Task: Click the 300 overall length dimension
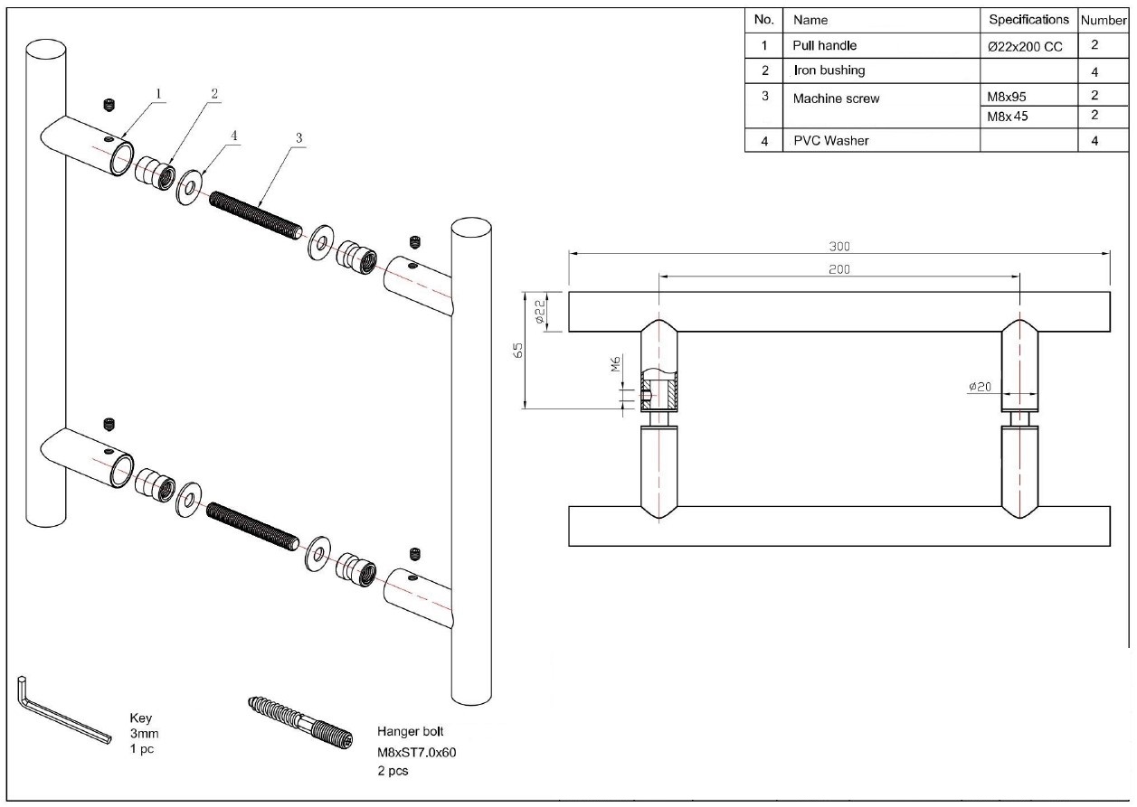[x=839, y=246]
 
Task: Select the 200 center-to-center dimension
[x=839, y=268]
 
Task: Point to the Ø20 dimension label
[x=981, y=386]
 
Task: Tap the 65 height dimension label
[x=518, y=351]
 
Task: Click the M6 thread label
[x=614, y=364]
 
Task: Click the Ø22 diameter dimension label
[x=537, y=313]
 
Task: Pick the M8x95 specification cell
[x=1009, y=95]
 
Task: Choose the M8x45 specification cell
[x=1009, y=116]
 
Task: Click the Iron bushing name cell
[x=829, y=70]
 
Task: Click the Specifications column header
[x=1028, y=19]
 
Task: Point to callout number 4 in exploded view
[x=233, y=135]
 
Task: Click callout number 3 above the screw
[x=299, y=138]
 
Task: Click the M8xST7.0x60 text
[x=416, y=752]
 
